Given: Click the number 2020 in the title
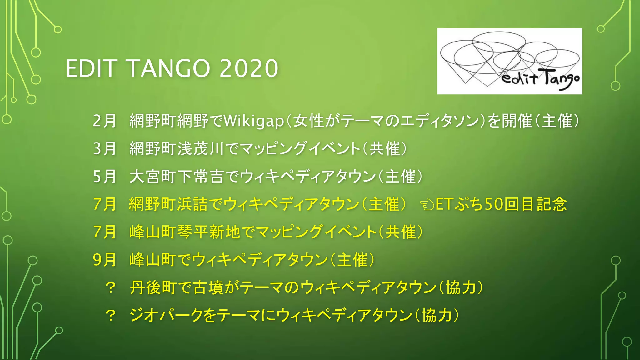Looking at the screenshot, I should coord(249,68).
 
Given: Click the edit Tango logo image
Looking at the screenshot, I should coord(509,61).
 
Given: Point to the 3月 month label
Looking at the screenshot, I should coord(105,149).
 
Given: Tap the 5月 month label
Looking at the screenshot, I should coord(105,177).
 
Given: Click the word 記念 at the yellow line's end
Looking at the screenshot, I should coord(552,204).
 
